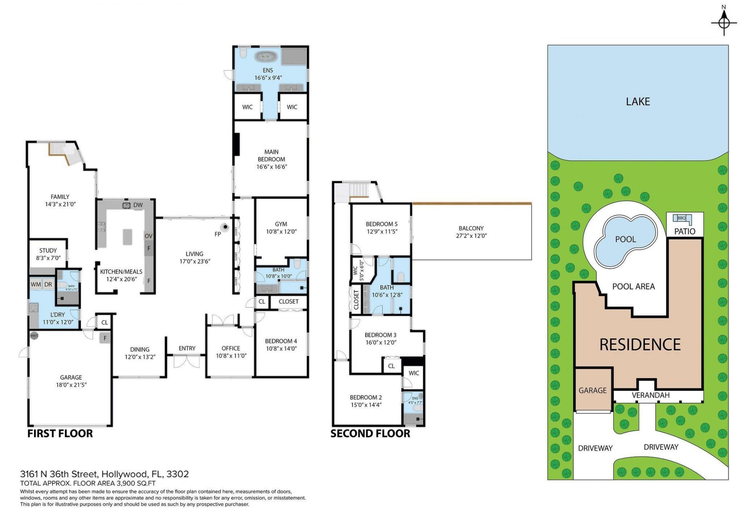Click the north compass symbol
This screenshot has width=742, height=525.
[x=724, y=22]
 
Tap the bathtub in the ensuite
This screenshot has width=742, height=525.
[x=265, y=56]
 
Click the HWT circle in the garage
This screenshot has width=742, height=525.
[x=34, y=336]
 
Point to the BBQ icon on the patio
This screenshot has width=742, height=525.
[x=682, y=218]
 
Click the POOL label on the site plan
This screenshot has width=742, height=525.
[x=625, y=239]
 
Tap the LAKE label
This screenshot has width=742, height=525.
[x=638, y=102]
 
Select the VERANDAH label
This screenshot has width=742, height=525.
[x=650, y=395]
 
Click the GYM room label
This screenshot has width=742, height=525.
[x=281, y=224]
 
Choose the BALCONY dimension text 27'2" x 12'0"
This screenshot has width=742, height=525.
[x=471, y=236]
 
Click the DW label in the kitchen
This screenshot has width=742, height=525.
[x=138, y=205]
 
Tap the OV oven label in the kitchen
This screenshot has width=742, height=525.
[x=148, y=236]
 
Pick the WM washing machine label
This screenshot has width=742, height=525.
[x=36, y=285]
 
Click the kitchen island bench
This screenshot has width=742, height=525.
[x=128, y=237]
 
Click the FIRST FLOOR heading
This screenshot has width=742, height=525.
[x=60, y=433]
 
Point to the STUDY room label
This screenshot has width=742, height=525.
[x=48, y=251]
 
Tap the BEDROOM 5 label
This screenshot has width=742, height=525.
[x=381, y=224]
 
